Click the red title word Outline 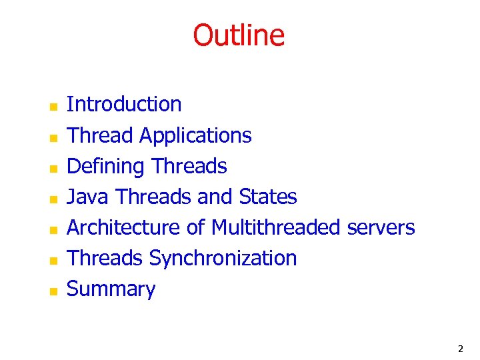click(x=239, y=35)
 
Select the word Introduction click(x=124, y=105)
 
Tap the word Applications click(x=195, y=136)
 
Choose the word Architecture click(x=124, y=227)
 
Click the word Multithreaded click(x=275, y=227)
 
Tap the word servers click(x=381, y=227)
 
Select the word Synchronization click(x=223, y=258)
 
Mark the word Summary click(x=111, y=289)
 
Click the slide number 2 click(x=460, y=349)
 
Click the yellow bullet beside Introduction click(x=54, y=106)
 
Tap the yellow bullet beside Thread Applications click(x=54, y=137)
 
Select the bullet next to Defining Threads click(x=54, y=167)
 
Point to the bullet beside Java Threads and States click(x=54, y=198)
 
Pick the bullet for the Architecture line click(x=54, y=229)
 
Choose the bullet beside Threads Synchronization click(x=54, y=259)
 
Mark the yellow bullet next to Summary click(x=54, y=290)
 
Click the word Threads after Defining click(x=189, y=166)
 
